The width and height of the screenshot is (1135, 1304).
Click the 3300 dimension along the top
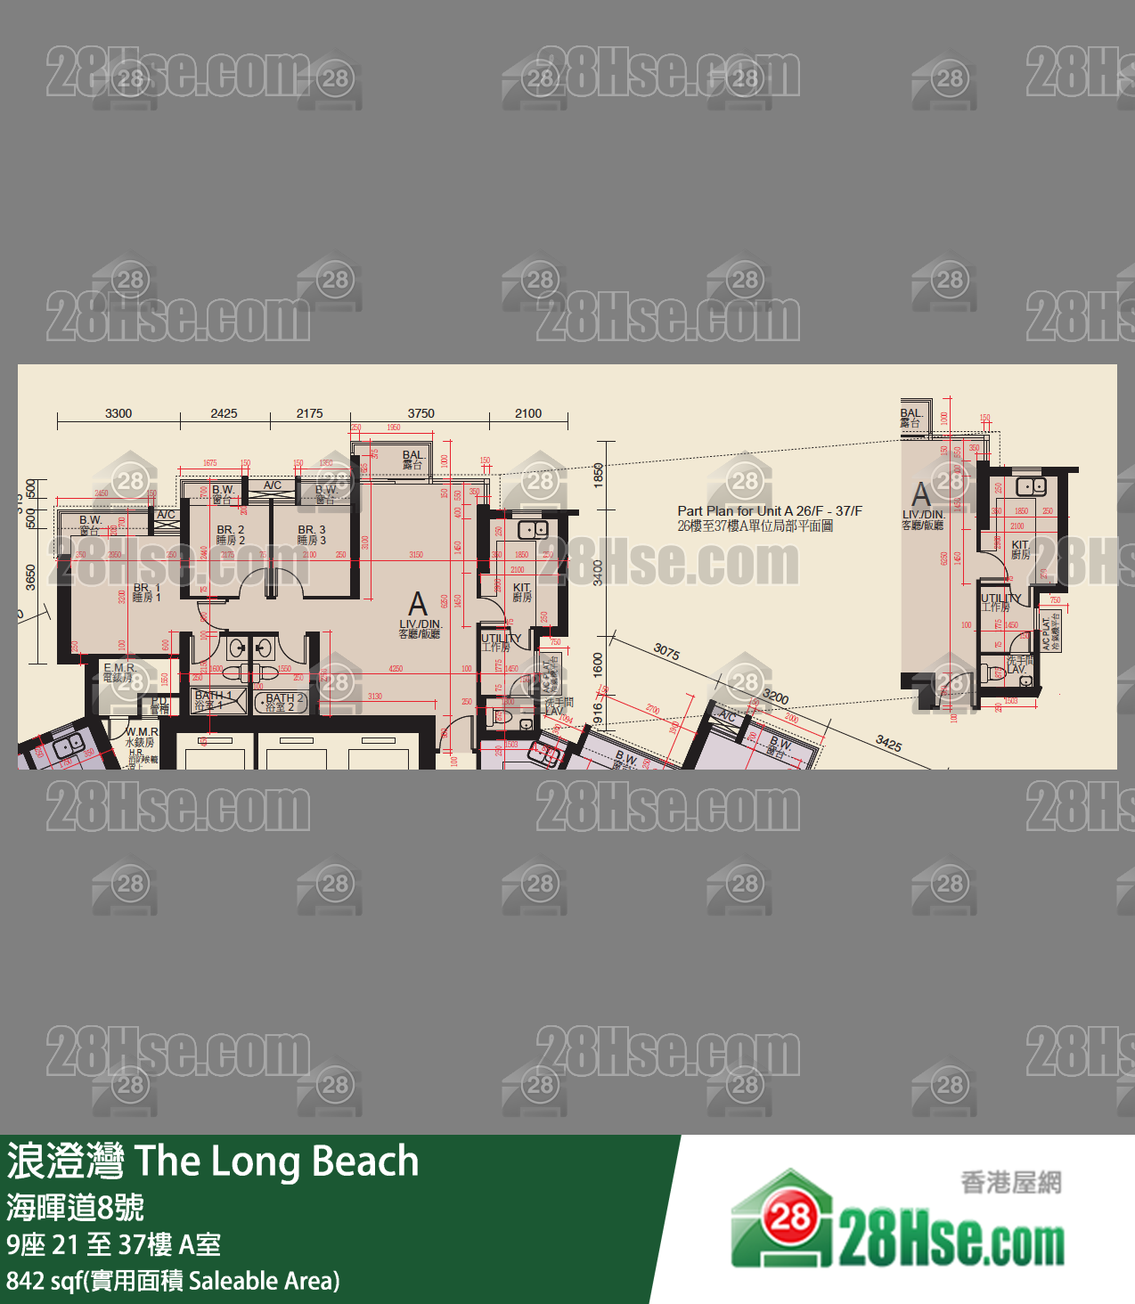(x=118, y=413)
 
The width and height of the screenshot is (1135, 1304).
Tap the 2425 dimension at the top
(x=224, y=413)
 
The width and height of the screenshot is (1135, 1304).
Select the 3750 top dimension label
(x=421, y=413)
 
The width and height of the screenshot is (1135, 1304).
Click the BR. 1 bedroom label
(x=147, y=592)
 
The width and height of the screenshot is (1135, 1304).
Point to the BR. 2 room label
(x=230, y=534)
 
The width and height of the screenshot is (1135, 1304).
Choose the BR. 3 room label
(x=311, y=534)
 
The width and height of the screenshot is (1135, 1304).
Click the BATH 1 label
(x=213, y=700)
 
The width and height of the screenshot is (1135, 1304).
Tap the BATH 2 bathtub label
(x=284, y=702)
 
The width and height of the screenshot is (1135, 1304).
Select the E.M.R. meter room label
(x=119, y=672)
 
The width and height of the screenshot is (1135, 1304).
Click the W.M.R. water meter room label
(x=142, y=737)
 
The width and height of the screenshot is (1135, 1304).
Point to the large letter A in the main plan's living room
(x=418, y=605)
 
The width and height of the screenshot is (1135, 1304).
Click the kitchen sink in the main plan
(x=533, y=530)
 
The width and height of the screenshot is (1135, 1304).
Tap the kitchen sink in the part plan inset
(x=1031, y=486)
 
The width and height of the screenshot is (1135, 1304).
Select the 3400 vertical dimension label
(x=598, y=572)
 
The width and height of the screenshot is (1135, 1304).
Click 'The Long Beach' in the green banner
(x=276, y=1161)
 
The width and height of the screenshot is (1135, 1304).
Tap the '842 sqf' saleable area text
(x=44, y=1281)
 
